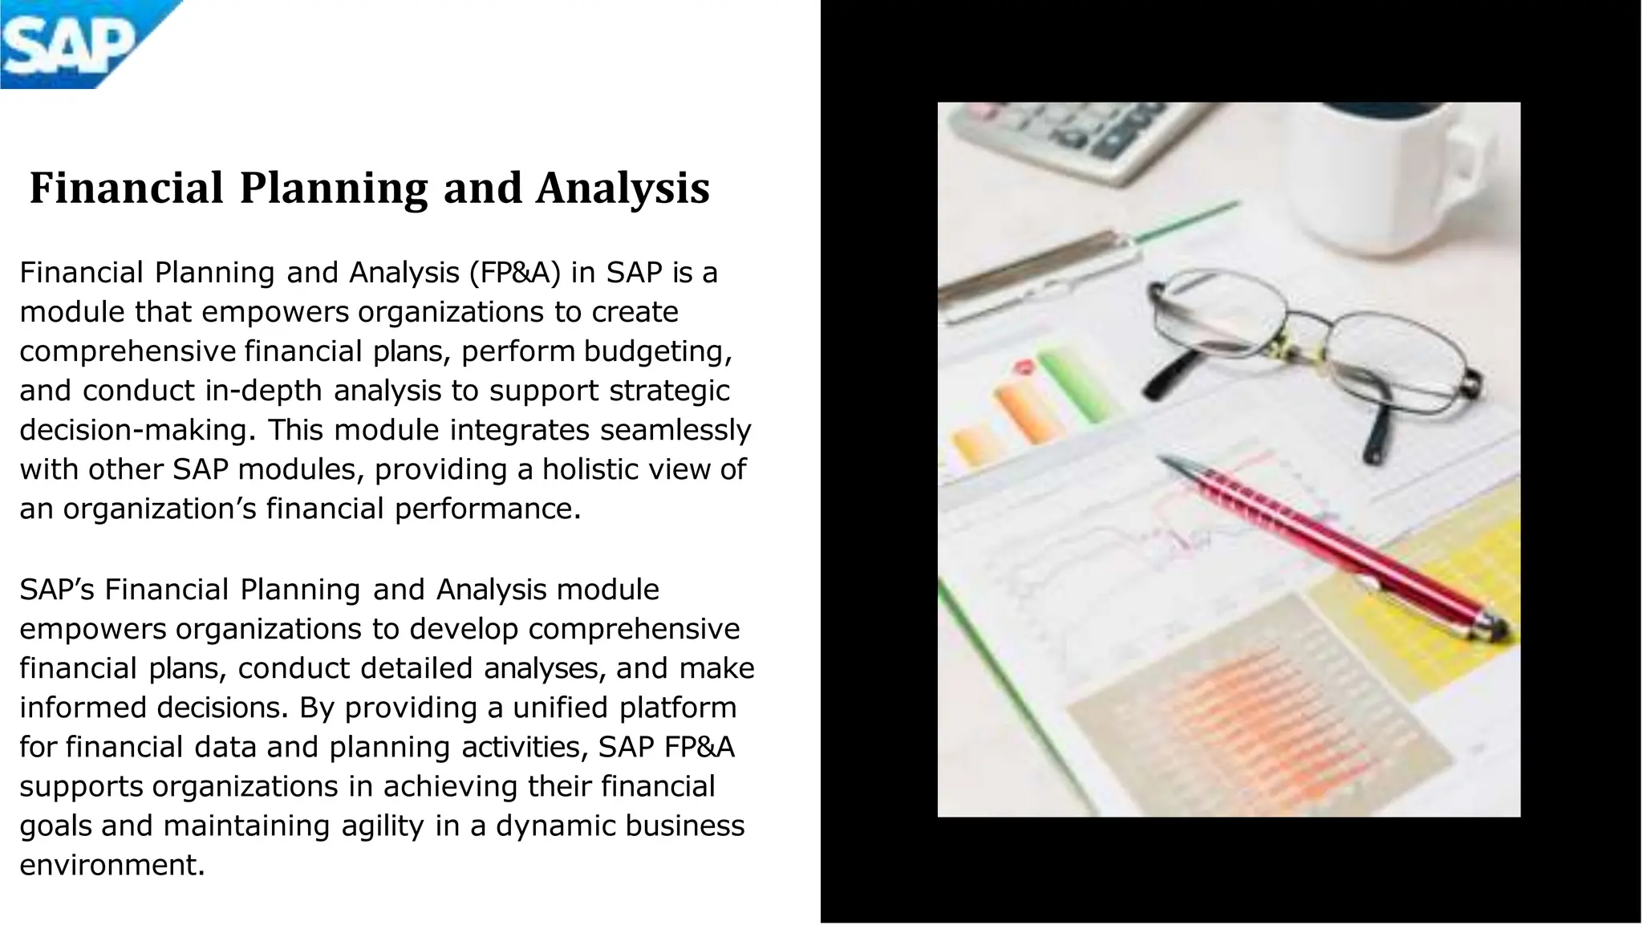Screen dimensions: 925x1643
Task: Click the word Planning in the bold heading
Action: coord(334,189)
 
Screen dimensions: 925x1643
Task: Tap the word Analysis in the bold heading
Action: coord(623,189)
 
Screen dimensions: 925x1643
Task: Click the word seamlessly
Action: coord(675,430)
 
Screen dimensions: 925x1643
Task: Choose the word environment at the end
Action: coord(112,865)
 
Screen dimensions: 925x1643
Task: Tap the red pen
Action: coord(1332,546)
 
